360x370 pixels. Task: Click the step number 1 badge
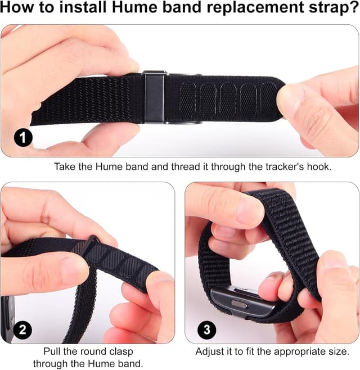(x=23, y=137)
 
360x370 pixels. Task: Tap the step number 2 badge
(x=22, y=330)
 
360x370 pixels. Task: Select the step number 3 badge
(x=206, y=330)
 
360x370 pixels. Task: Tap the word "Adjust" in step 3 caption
(x=209, y=351)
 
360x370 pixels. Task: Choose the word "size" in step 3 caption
(x=336, y=351)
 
